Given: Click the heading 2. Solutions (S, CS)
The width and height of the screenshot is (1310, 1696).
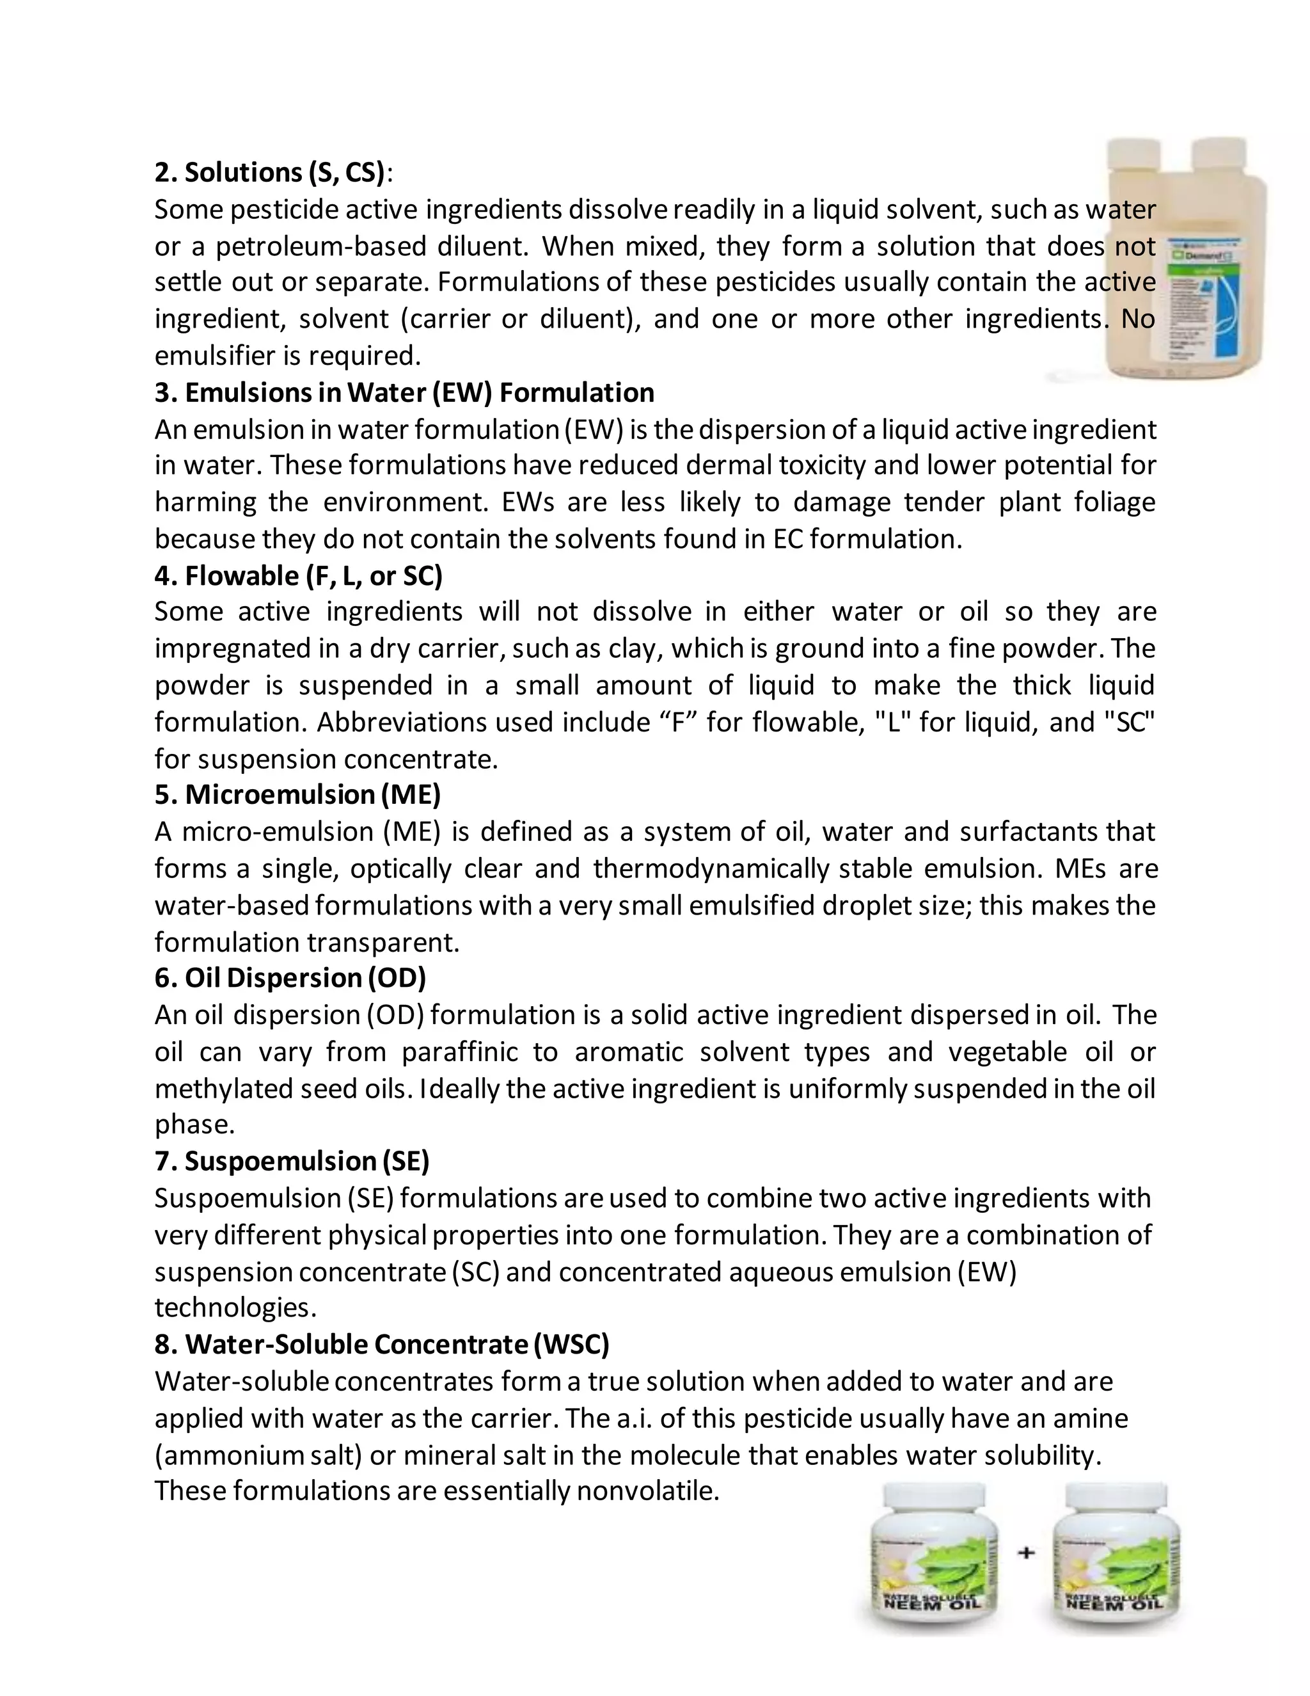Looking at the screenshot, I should pyautogui.click(x=269, y=172).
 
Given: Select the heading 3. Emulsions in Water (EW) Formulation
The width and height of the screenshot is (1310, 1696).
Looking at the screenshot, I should pyautogui.click(x=404, y=393).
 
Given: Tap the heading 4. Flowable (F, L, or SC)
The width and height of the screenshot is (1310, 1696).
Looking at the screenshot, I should pyautogui.click(x=298, y=576).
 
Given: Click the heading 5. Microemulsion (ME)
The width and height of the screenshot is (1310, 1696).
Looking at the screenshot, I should pyautogui.click(x=297, y=795).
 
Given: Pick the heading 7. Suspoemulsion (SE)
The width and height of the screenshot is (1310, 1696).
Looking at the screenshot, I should pyautogui.click(x=292, y=1162).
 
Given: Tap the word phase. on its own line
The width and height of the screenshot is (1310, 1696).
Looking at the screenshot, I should pyautogui.click(x=194, y=1124).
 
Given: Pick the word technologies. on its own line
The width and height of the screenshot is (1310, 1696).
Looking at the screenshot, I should pyautogui.click(x=235, y=1308).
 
